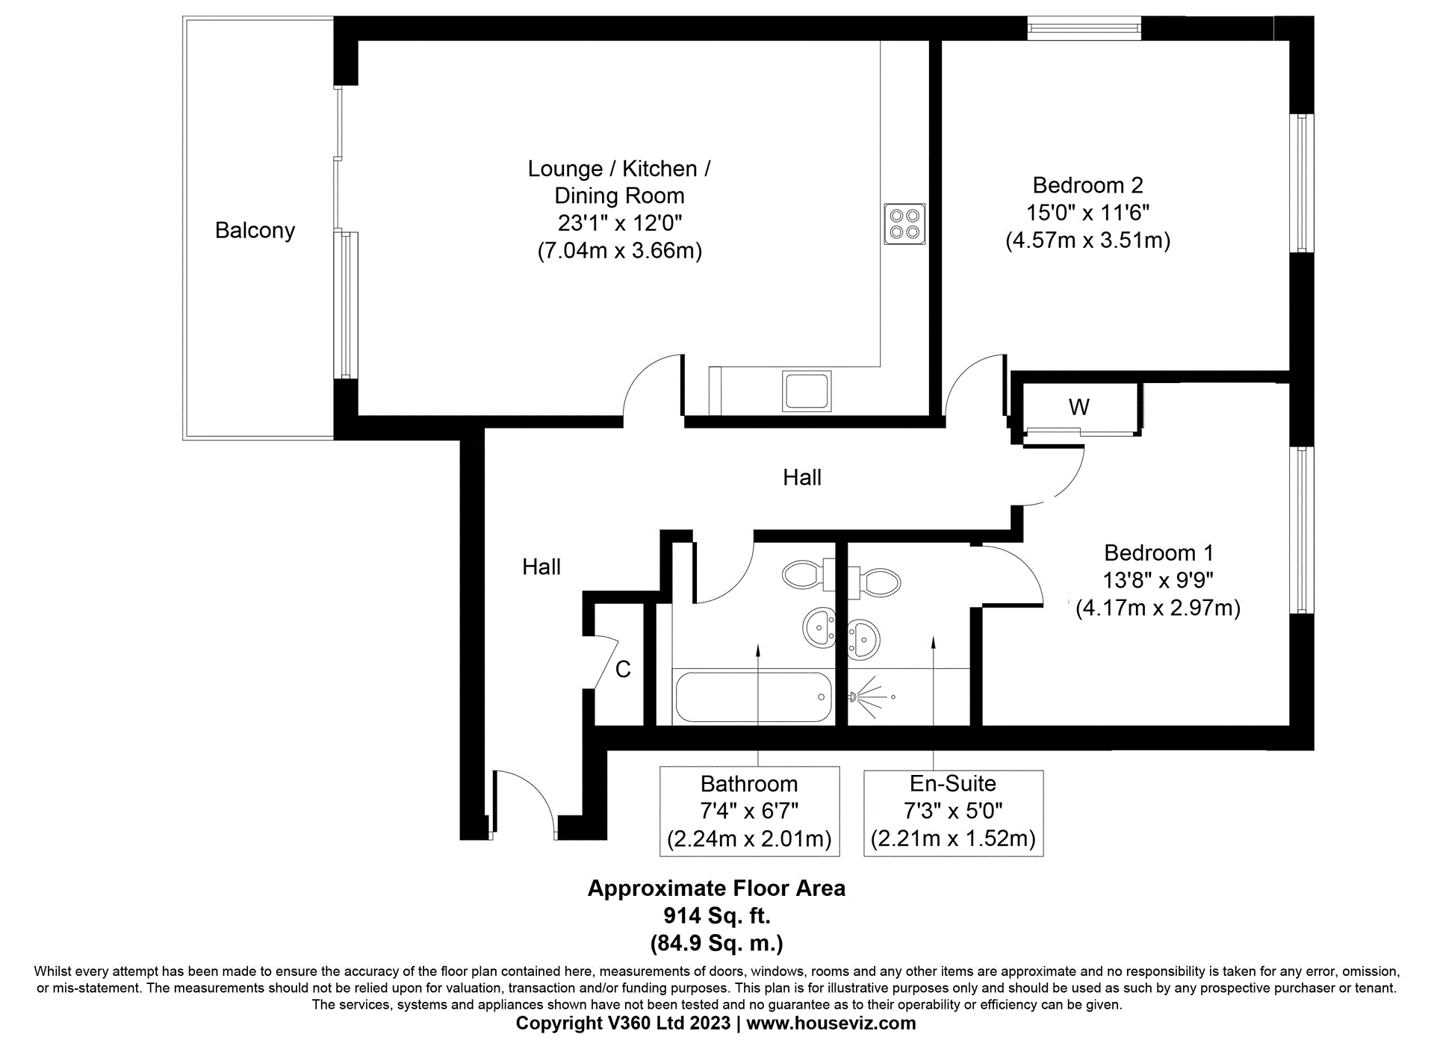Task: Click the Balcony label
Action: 255,230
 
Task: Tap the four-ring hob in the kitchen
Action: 904,223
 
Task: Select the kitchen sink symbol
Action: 806,390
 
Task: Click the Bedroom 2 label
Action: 1087,185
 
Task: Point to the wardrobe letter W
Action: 1078,407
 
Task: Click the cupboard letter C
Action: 623,669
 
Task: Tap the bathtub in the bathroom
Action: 753,697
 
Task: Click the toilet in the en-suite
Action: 878,582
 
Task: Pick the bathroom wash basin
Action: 819,627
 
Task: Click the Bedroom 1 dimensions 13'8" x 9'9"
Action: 1158,580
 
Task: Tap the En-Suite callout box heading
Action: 952,783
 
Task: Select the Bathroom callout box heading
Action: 749,784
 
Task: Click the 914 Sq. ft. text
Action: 716,915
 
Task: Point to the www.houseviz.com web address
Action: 831,1023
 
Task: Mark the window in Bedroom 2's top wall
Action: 1084,29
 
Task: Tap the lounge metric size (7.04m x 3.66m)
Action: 619,250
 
